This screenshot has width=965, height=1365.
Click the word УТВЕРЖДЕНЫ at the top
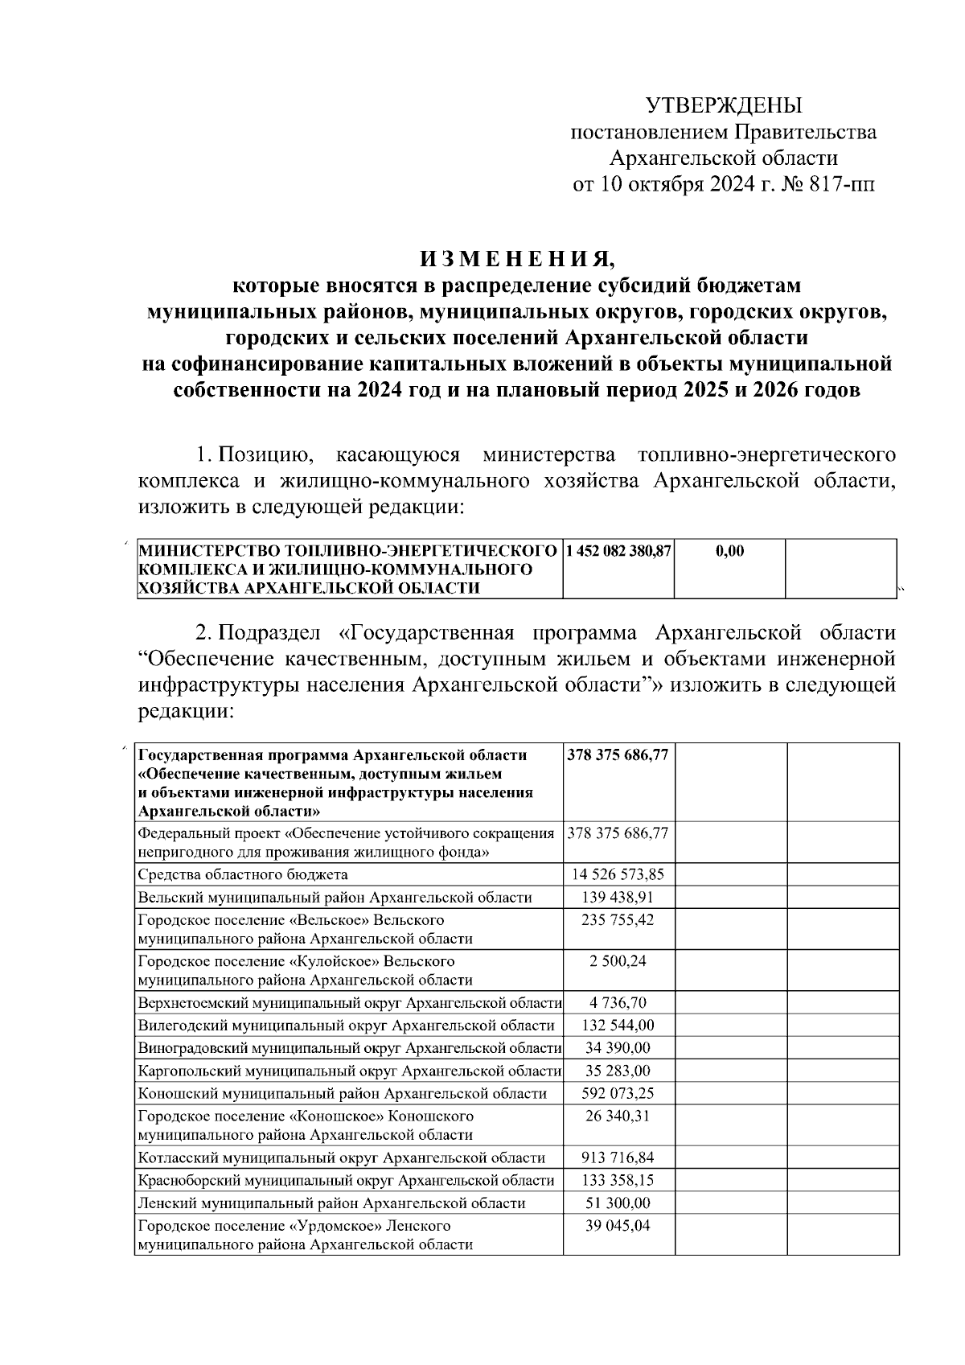[x=725, y=105]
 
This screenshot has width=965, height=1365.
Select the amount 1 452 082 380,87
[x=618, y=552]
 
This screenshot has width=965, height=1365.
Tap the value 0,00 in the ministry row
[x=729, y=552]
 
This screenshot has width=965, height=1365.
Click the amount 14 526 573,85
[x=618, y=874]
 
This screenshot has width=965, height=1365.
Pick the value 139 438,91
[x=618, y=898]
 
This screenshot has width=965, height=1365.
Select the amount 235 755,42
[x=618, y=919]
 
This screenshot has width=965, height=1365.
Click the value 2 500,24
[x=618, y=961]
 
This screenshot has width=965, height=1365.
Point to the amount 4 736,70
[x=618, y=1002]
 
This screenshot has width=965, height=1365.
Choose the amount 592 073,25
[x=618, y=1093]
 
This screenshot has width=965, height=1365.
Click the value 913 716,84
[x=618, y=1157]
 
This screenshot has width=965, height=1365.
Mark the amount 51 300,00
[x=618, y=1203]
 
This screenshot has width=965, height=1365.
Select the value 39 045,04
[x=618, y=1226]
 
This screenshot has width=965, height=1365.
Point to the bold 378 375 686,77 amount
[x=618, y=756]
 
